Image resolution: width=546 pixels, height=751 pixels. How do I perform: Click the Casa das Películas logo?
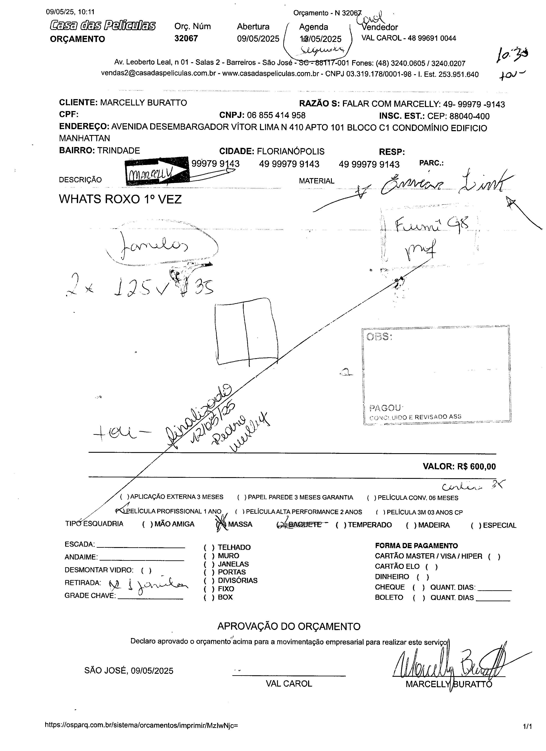point(103,25)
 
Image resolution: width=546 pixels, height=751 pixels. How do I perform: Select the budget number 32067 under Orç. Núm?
point(186,39)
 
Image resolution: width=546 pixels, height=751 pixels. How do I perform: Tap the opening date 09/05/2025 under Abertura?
point(258,39)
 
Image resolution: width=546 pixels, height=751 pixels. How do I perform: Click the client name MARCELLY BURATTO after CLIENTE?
point(143,103)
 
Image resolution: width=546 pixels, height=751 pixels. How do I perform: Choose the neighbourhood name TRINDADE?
point(119,151)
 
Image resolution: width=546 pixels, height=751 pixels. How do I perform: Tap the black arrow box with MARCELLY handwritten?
point(157,171)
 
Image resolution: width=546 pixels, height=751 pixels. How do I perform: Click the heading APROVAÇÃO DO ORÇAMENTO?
point(289,626)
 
